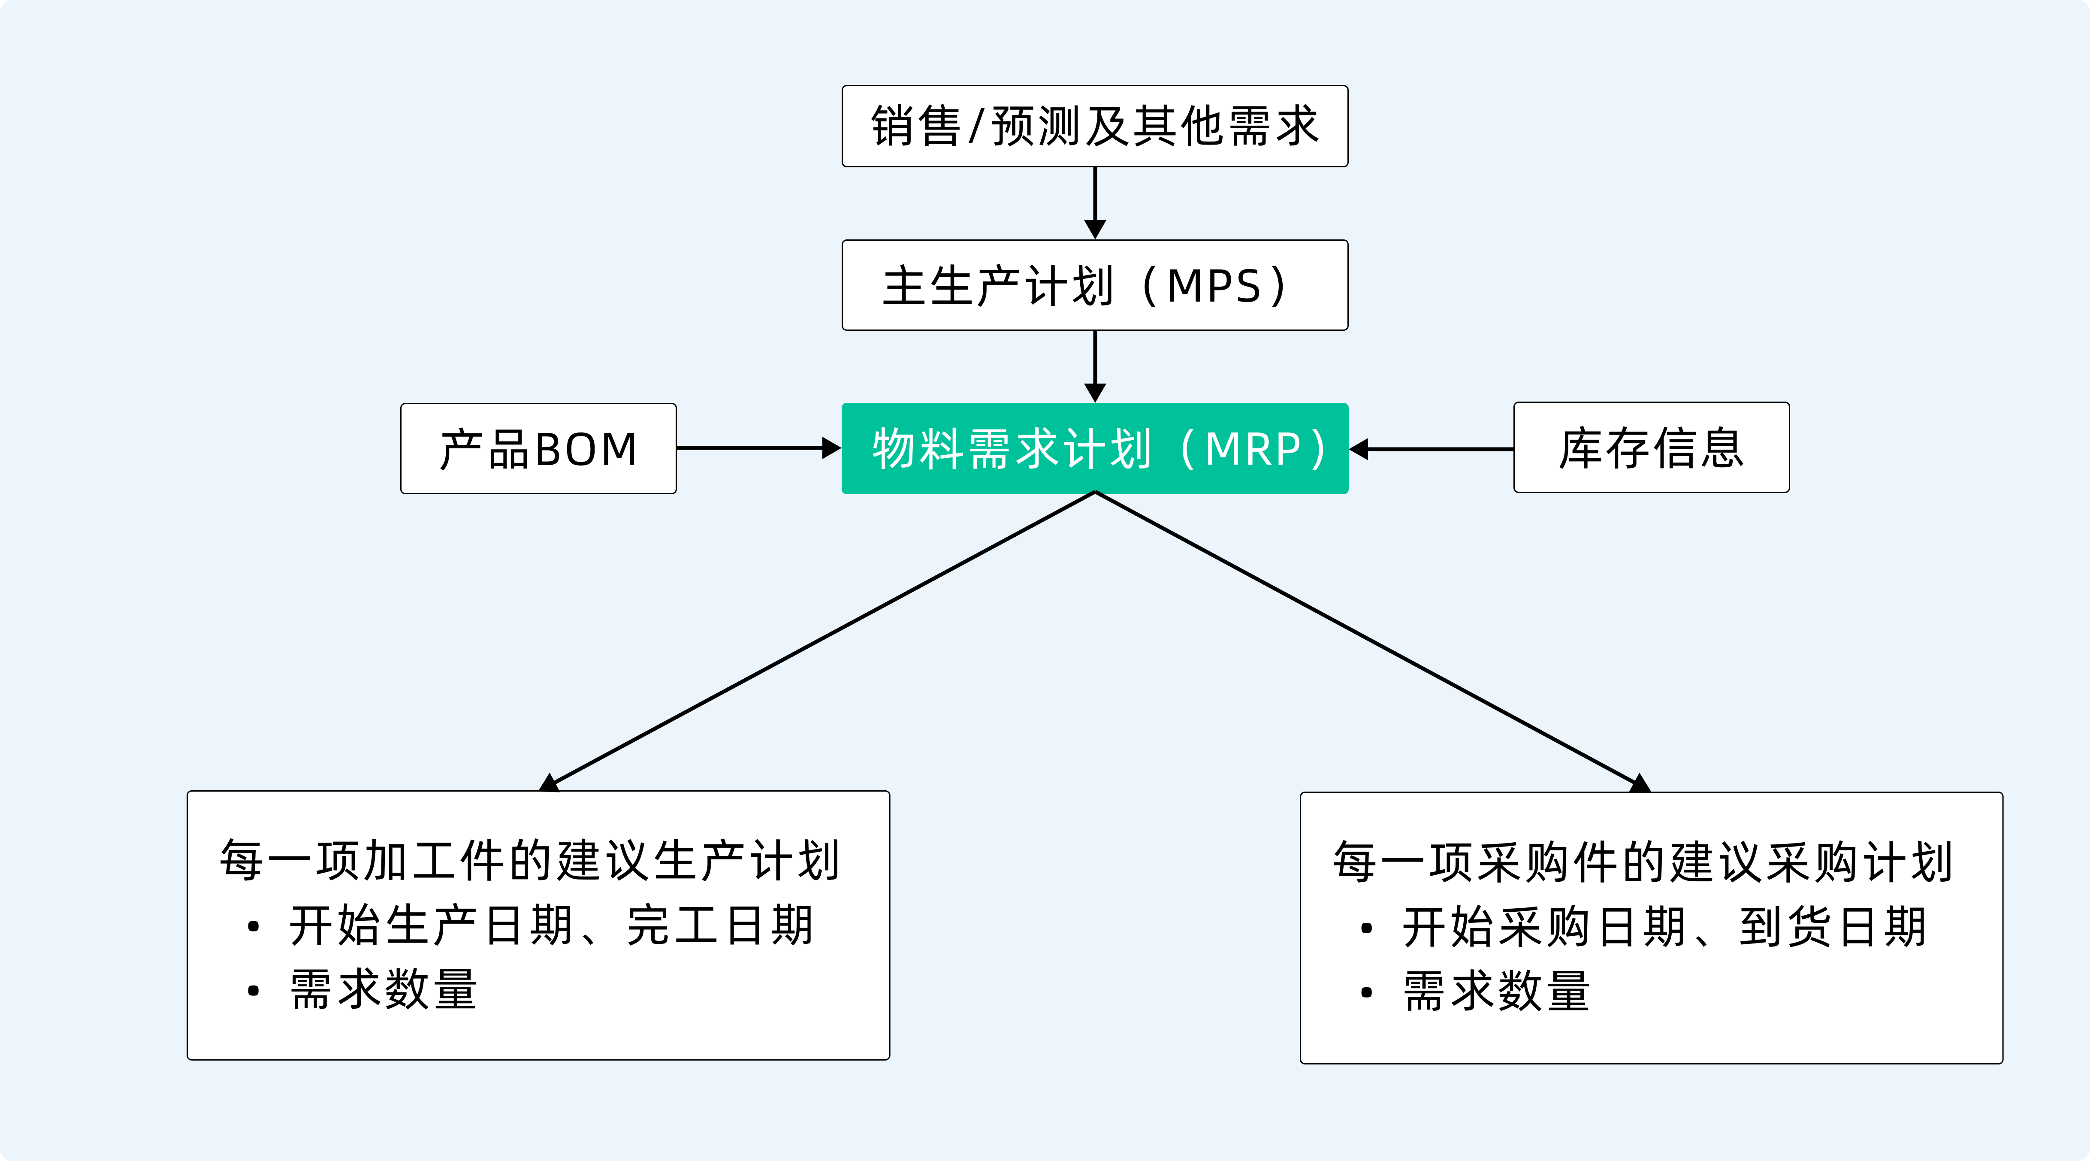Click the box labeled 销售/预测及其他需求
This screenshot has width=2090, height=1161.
1094,127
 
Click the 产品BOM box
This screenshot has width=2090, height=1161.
538,449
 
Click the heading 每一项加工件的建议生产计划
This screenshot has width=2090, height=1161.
529,861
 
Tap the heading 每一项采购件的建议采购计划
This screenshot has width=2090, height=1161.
1642,862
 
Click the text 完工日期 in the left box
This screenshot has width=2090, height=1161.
720,926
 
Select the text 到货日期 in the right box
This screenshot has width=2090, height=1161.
1833,927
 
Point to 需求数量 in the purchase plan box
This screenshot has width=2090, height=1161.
1497,992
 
